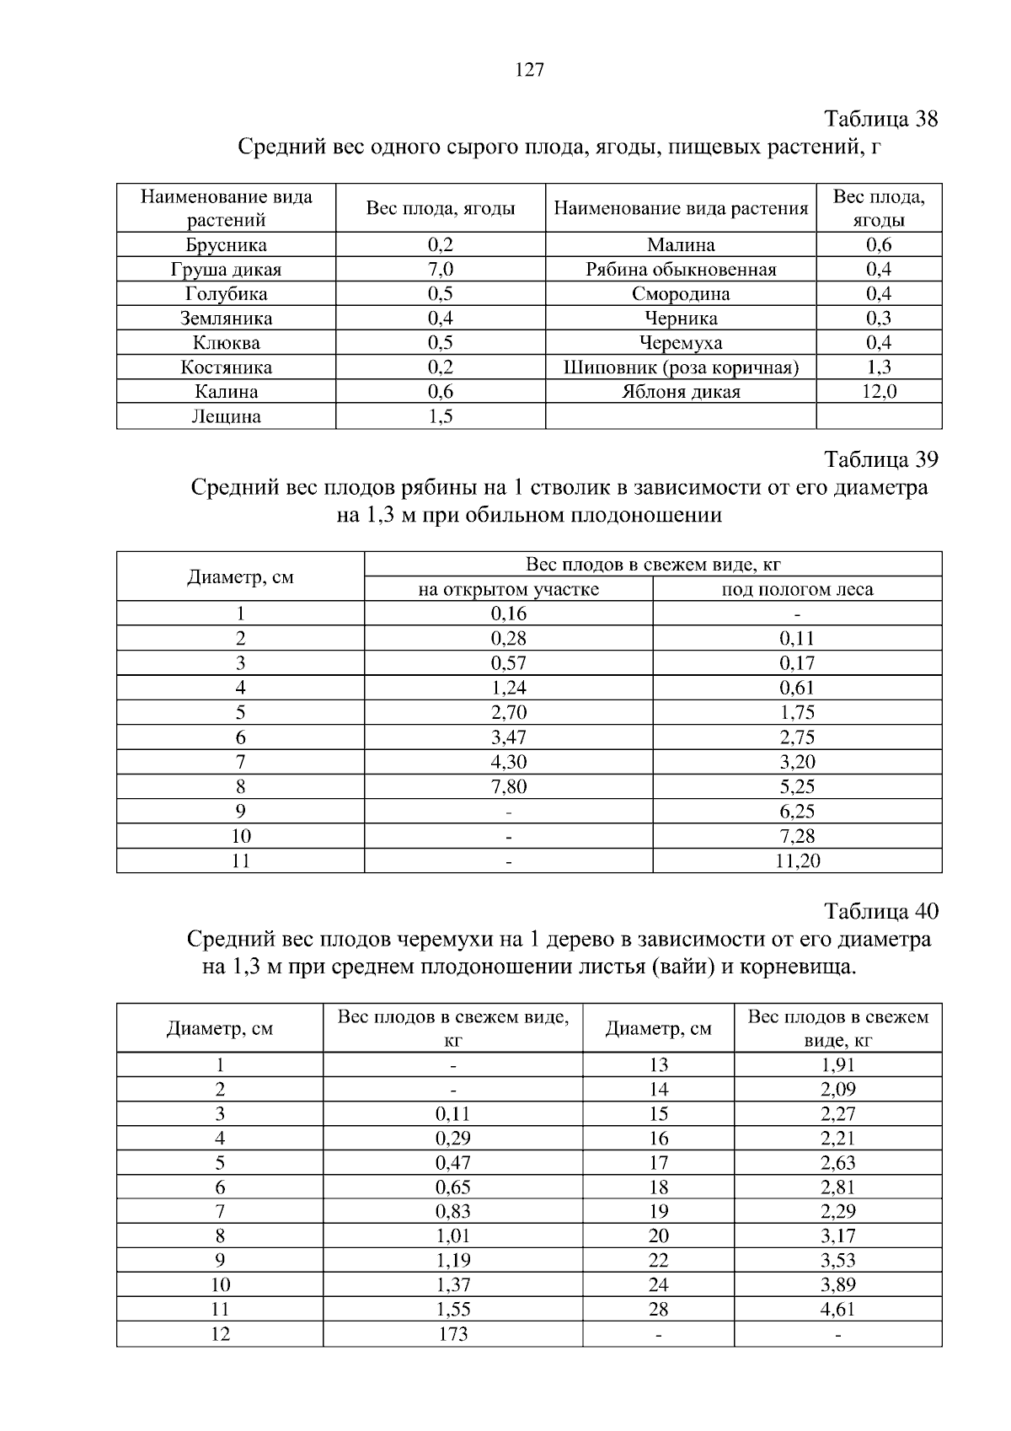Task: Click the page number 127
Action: coord(529,71)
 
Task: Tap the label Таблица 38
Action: coord(880,119)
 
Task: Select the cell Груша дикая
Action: coord(226,270)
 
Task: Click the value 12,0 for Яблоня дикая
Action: coord(879,392)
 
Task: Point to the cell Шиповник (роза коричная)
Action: coord(681,367)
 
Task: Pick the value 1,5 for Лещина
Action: coord(440,416)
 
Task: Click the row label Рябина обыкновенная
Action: coord(681,270)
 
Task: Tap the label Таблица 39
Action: coord(880,460)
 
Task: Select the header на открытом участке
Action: coord(508,590)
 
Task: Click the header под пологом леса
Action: coord(797,590)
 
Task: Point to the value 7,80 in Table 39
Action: coord(508,787)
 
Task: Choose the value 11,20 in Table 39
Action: coord(797,861)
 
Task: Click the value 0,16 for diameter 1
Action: coord(508,614)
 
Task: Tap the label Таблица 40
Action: coord(880,912)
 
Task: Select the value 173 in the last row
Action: coord(453,1335)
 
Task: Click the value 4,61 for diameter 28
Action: coord(837,1310)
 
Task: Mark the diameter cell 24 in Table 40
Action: coord(658,1286)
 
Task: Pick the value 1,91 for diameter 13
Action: coord(837,1065)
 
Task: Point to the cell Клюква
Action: coord(226,343)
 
